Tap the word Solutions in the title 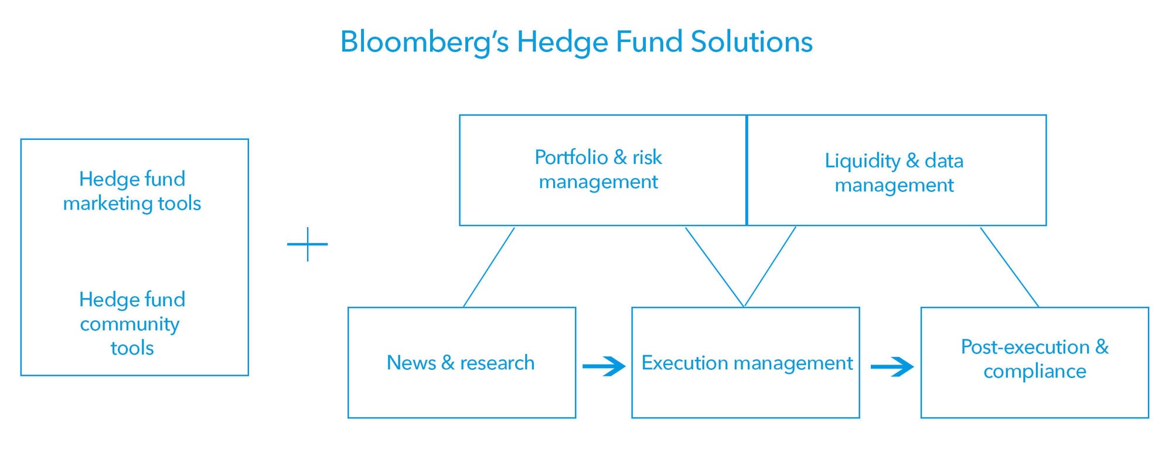(752, 42)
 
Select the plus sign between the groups (308, 244)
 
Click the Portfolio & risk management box (603, 170)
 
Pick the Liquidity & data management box (897, 170)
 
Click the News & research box (462, 362)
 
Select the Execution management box (745, 362)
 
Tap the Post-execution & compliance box (1035, 362)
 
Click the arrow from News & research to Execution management (604, 366)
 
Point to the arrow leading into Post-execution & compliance (892, 366)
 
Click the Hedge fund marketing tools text (132, 191)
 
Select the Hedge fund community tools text (132, 323)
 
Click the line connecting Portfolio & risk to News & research (489, 267)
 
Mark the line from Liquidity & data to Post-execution (1010, 267)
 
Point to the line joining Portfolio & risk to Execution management (715, 267)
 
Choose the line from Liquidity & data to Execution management (770, 267)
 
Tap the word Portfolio (571, 157)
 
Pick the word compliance (1035, 372)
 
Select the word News (411, 363)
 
